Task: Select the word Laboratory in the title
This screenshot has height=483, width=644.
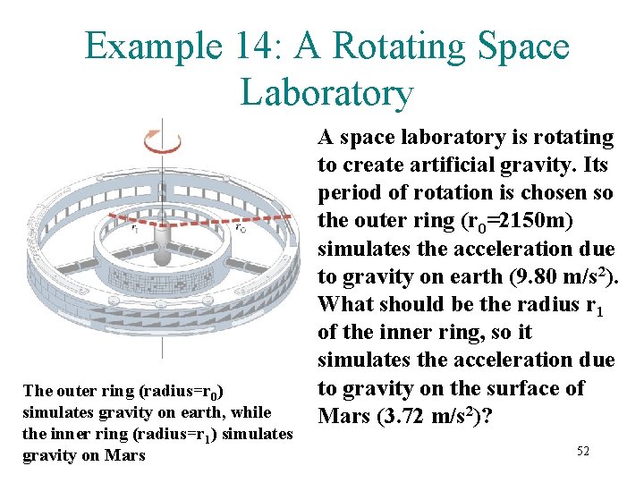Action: click(x=326, y=92)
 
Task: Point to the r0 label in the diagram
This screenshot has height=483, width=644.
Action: click(x=240, y=228)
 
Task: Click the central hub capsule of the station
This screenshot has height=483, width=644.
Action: click(x=162, y=255)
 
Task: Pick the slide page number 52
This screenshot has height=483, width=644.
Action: click(x=582, y=452)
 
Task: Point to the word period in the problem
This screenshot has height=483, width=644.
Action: click(x=349, y=193)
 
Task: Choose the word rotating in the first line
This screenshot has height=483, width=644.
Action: click(x=572, y=138)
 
